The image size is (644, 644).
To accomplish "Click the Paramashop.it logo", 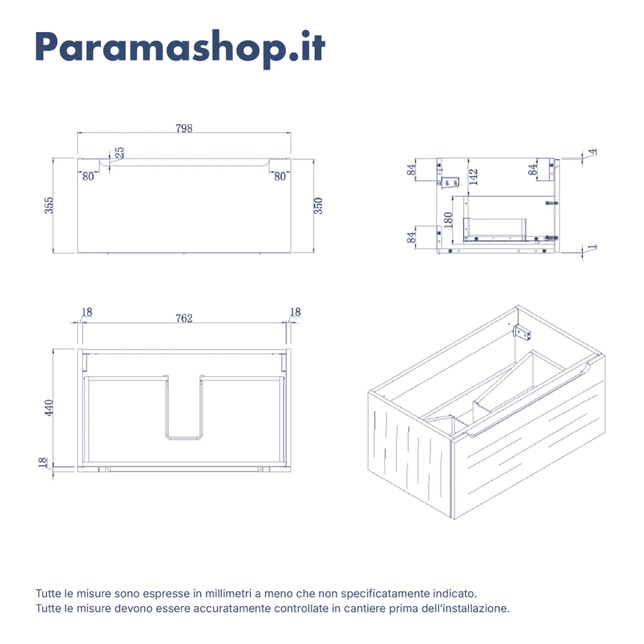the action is tap(180, 48).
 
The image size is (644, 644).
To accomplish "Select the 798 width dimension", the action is tap(184, 129).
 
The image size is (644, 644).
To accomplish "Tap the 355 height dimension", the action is tap(49, 205).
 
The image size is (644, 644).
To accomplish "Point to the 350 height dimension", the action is tap(318, 206).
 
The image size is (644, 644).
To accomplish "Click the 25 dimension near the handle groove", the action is tap(119, 153).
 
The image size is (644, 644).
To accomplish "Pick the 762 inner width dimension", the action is tap(184, 318).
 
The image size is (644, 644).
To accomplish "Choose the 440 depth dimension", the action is tap(49, 408).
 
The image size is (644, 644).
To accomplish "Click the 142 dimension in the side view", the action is tap(473, 177).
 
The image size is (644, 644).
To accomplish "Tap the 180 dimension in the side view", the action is tap(448, 220).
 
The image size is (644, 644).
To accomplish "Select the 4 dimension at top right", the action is tap(592, 152).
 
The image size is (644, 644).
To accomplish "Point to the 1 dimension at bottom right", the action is tap(592, 247).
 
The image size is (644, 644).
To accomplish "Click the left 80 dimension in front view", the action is tap(88, 176).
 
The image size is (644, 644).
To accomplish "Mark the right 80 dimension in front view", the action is tap(279, 176).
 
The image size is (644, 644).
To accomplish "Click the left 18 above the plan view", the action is tap(87, 312).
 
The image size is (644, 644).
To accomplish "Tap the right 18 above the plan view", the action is tap(296, 312).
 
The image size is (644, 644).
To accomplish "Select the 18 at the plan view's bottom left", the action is tap(43, 463).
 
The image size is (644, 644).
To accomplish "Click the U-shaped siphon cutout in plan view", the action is tap(184, 438).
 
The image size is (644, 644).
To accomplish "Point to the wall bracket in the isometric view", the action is tap(522, 332).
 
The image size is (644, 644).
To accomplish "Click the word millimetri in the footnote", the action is tap(229, 594).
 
